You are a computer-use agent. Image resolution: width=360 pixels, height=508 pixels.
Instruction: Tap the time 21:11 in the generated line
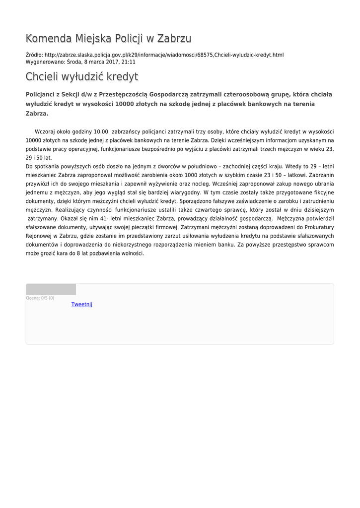click(x=129, y=62)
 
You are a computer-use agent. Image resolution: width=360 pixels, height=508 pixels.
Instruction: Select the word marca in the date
click(x=95, y=62)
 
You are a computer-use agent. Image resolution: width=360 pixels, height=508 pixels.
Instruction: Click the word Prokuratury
click(x=316, y=227)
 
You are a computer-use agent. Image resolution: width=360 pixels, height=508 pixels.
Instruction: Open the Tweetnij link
click(x=82, y=304)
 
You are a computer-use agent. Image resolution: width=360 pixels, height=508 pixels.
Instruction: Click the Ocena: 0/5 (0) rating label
click(x=40, y=298)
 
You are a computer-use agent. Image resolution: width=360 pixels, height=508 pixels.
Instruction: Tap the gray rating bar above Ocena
click(x=51, y=290)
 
